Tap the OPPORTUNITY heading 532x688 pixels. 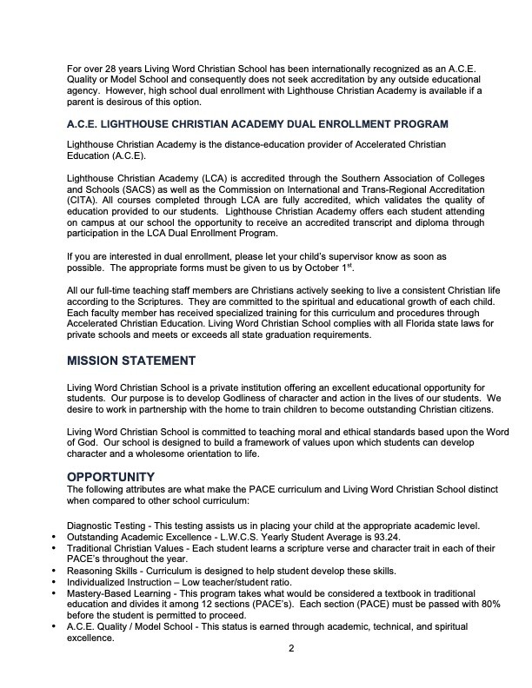coord(110,476)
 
